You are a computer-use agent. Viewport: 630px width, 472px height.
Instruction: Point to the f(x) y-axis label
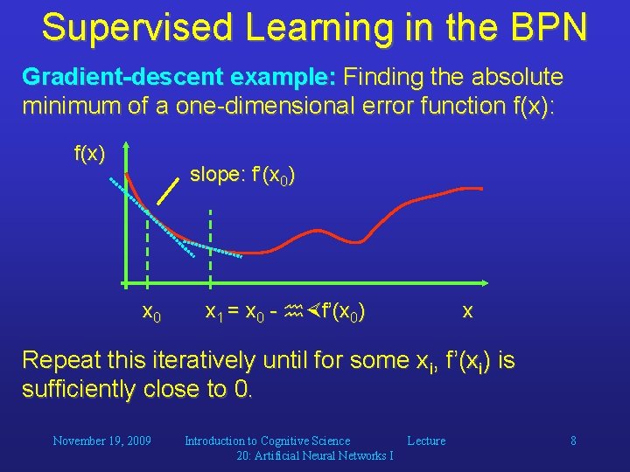[89, 155]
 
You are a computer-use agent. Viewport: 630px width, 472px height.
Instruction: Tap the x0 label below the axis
[150, 312]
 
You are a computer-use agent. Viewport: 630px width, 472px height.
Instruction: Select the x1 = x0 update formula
[284, 311]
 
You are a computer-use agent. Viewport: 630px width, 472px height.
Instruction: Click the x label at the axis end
[468, 311]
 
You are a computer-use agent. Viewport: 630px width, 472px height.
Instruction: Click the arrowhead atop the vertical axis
[126, 148]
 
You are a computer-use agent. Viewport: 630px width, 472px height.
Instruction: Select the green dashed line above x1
[210, 249]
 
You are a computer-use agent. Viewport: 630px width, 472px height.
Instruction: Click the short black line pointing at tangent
[163, 191]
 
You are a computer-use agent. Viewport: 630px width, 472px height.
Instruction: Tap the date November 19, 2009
[102, 441]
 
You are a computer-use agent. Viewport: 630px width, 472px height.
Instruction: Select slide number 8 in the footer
[573, 441]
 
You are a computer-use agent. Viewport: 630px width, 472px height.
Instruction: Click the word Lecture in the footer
[426, 441]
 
